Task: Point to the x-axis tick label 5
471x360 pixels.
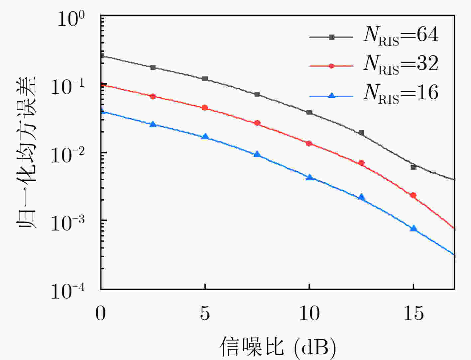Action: point(205,313)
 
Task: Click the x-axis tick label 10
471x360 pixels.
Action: point(309,313)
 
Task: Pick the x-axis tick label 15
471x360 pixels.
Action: point(413,313)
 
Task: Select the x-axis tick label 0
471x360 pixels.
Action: point(101,313)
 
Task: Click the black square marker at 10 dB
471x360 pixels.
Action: point(309,113)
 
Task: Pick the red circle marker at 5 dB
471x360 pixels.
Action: point(205,108)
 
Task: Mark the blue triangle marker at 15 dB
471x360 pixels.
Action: point(413,228)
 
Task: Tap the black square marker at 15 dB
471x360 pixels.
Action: point(413,167)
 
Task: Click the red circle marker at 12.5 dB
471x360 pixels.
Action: point(361,163)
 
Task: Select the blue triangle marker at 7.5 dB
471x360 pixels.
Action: point(257,154)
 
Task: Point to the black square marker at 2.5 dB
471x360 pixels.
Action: point(153,67)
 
